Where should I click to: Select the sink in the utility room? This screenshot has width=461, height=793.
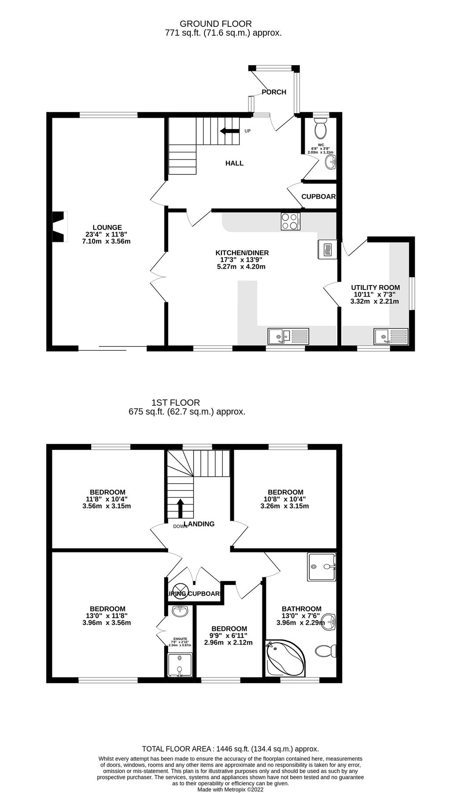click(391, 337)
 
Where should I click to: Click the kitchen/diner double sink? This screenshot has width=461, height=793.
click(288, 336)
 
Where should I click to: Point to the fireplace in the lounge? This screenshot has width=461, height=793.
click(59, 227)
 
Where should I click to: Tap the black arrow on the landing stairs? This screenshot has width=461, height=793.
click(180, 508)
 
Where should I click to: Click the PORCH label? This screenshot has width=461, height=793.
click(274, 92)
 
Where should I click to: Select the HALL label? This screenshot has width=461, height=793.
click(234, 163)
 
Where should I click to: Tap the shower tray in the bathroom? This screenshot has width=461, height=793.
click(322, 567)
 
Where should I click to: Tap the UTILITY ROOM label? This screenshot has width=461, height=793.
click(375, 288)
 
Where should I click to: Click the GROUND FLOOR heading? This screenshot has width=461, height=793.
click(216, 24)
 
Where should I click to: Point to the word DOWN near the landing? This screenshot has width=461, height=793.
click(181, 526)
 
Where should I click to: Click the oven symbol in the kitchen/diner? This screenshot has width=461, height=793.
click(326, 250)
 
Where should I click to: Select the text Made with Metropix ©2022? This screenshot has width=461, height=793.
click(230, 778)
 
